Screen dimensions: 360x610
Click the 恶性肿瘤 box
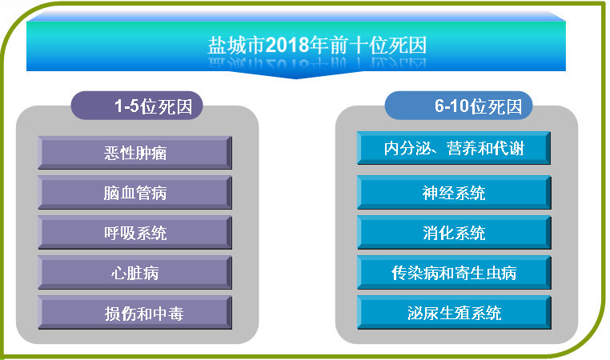tap(134, 153)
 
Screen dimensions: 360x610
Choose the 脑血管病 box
tap(134, 193)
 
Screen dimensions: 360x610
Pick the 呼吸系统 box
tap(134, 233)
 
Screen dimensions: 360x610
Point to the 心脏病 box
tap(134, 273)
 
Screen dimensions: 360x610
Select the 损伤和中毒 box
tap(134, 313)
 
